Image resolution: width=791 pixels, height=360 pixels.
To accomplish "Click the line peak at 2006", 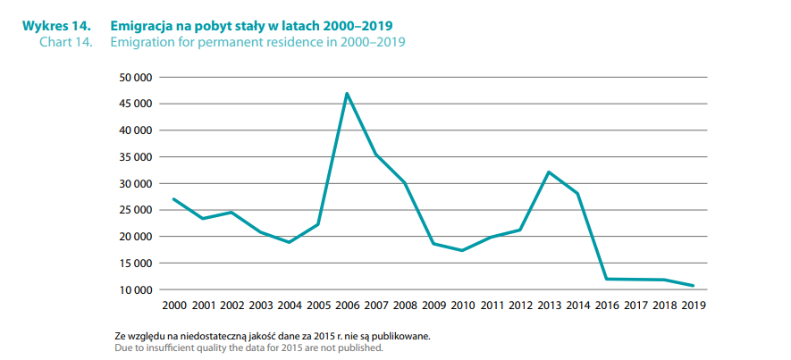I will (x=347, y=94).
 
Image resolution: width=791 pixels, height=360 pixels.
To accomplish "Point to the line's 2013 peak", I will (x=549, y=172).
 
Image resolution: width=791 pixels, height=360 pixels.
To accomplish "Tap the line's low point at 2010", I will (x=462, y=250).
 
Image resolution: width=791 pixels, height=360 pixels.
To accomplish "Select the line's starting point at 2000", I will (x=173, y=199).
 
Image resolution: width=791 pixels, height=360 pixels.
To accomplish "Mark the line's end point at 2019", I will (x=693, y=286).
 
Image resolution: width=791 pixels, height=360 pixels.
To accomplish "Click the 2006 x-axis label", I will (x=347, y=306).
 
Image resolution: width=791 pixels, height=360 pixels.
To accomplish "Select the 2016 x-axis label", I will (x=606, y=306).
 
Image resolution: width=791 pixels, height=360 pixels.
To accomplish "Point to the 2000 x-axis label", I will (x=173, y=306).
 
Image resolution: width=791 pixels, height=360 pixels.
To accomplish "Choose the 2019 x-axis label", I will (x=693, y=306).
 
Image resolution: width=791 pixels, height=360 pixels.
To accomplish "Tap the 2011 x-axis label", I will (x=491, y=306).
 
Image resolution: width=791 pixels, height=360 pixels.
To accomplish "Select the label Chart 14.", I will (x=70, y=42).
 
